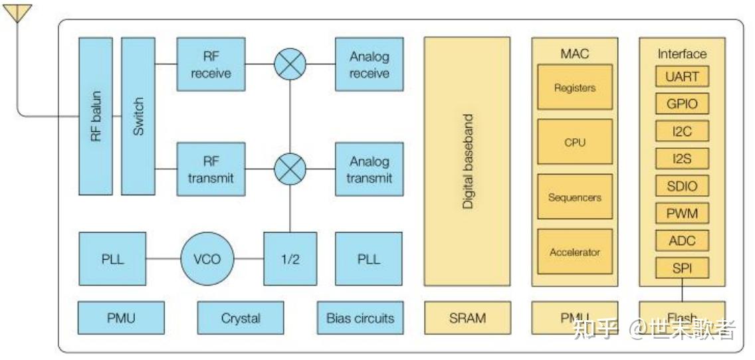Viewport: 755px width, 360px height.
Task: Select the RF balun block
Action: click(x=95, y=116)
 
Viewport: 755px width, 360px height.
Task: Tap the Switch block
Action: click(x=138, y=116)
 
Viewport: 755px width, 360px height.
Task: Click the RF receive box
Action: click(x=211, y=64)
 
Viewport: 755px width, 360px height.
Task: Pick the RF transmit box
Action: click(x=211, y=169)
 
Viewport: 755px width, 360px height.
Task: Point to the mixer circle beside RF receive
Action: click(x=290, y=64)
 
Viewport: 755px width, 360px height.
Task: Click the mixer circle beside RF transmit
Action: click(x=290, y=169)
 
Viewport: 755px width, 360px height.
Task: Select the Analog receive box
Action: click(x=369, y=64)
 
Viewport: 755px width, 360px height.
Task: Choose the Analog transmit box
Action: click(x=369, y=169)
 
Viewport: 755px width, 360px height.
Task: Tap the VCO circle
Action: click(x=207, y=259)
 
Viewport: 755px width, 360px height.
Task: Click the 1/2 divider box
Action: click(x=290, y=259)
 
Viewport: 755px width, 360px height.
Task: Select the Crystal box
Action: click(x=240, y=318)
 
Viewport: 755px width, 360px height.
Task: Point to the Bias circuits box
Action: click(x=360, y=318)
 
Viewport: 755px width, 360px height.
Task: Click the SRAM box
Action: click(x=467, y=318)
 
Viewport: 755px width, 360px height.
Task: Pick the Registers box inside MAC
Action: click(x=574, y=88)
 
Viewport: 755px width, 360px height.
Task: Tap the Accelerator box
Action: click(x=574, y=252)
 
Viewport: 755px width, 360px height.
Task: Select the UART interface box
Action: click(x=682, y=76)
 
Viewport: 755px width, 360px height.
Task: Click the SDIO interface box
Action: click(x=682, y=186)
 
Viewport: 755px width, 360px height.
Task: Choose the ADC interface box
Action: click(x=682, y=240)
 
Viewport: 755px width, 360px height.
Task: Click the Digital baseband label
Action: click(x=468, y=161)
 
